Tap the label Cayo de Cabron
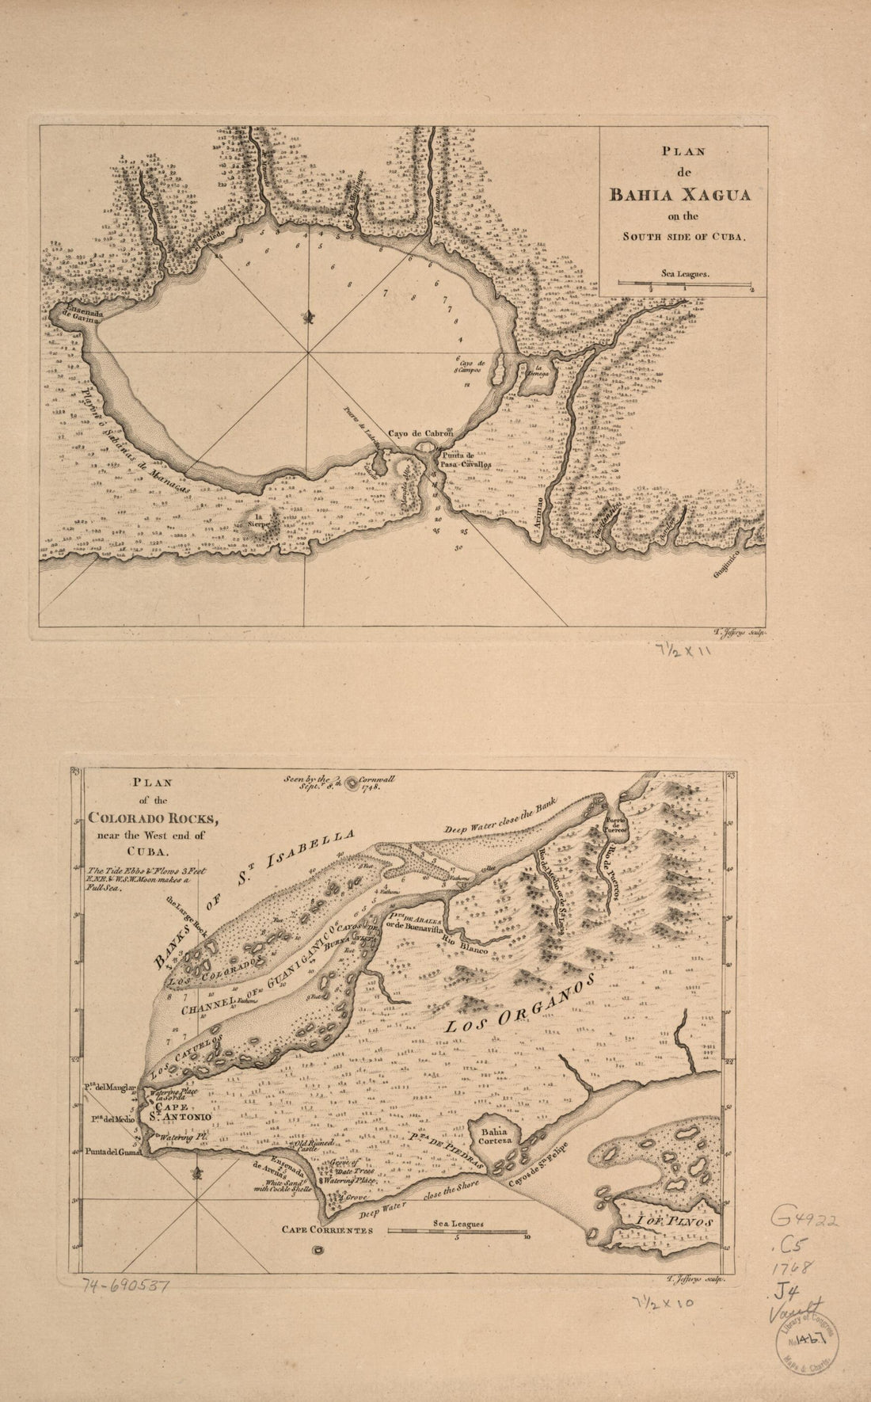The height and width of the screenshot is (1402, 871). (x=420, y=433)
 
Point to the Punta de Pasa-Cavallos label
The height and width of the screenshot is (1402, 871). (x=462, y=460)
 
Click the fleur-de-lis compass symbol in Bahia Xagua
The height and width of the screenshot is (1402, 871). (x=309, y=318)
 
